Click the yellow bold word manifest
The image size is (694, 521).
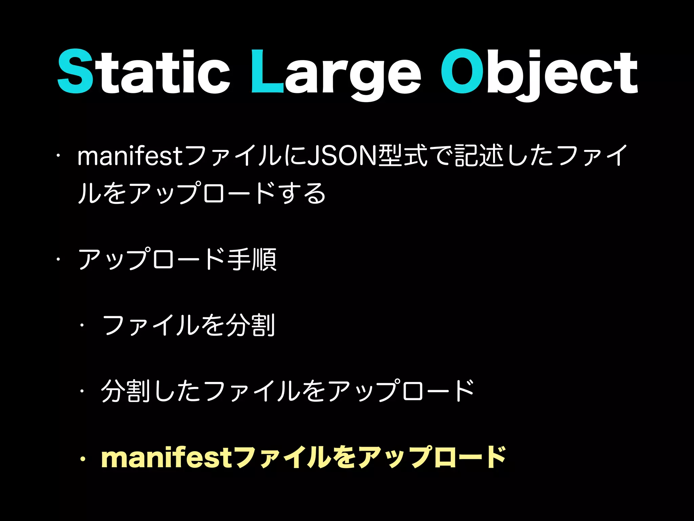click(x=166, y=458)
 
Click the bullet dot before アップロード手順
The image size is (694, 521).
click(x=58, y=259)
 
